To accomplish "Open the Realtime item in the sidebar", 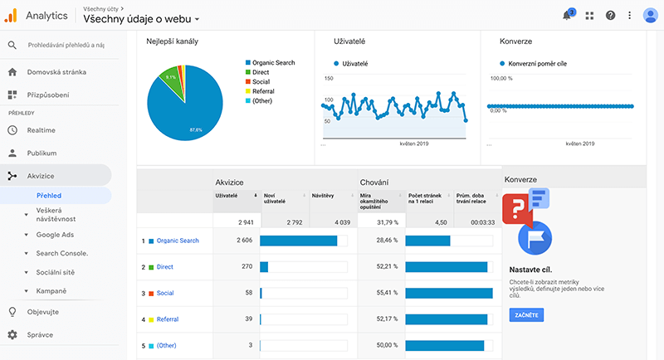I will [x=41, y=130].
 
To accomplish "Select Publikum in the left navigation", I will [x=41, y=153].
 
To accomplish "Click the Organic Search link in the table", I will [x=178, y=241].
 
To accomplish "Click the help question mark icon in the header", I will [x=611, y=15].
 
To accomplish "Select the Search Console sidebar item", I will [x=62, y=253].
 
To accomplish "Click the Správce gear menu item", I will [x=40, y=335].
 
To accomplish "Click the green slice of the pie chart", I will [x=171, y=76].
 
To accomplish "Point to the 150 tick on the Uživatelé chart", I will [x=328, y=79].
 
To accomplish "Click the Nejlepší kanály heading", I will [x=172, y=41].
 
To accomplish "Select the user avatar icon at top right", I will [x=650, y=15].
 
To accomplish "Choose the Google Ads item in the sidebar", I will [x=55, y=235].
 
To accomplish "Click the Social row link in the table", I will [x=165, y=293].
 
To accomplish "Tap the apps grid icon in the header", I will [x=589, y=15].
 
